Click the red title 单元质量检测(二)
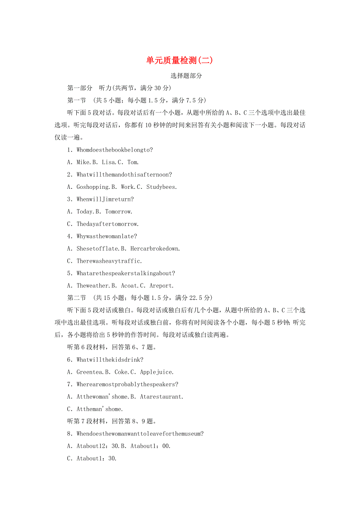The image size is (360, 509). tap(180, 60)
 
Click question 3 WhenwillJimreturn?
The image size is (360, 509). tap(105, 199)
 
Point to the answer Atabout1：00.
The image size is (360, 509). tap(151, 446)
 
